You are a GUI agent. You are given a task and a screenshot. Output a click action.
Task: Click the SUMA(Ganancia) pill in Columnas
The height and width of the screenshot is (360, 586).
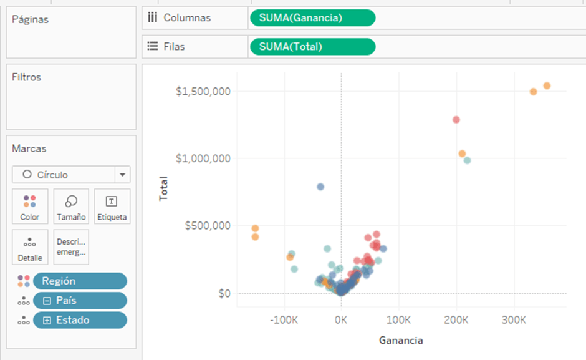point(312,18)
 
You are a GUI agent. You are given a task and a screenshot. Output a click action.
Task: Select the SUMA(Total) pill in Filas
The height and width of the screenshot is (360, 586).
point(312,47)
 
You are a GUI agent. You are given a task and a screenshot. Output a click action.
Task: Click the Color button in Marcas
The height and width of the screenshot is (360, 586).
point(29,207)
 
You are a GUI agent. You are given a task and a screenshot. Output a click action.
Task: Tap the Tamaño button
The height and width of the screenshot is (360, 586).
point(71,207)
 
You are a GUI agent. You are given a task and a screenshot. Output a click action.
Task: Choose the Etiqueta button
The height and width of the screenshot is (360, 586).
point(112,207)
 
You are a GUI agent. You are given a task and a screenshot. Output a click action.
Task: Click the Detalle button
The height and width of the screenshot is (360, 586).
point(29,247)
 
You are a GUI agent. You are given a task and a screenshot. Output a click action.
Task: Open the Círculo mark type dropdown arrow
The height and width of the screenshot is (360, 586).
point(122,175)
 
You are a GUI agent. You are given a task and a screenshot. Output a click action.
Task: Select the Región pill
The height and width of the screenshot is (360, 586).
point(80,281)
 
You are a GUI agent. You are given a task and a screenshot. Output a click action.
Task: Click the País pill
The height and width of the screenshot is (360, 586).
point(80,301)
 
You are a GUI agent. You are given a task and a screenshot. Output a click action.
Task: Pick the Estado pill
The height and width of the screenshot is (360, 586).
point(80,320)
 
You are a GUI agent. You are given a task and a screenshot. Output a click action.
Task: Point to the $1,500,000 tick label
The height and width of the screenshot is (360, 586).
point(203,92)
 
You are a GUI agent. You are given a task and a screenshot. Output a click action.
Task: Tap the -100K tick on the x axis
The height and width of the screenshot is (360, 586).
point(284,320)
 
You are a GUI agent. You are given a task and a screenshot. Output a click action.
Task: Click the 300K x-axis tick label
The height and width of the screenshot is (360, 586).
point(514,320)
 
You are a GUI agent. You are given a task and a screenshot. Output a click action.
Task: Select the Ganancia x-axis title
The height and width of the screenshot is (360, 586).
point(401,341)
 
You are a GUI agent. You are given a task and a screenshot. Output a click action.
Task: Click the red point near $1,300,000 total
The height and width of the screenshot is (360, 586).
point(456,120)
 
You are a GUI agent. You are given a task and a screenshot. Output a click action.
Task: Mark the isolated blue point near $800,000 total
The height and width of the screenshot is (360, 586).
point(320,187)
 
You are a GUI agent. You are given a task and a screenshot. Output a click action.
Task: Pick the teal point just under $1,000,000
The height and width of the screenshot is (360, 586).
point(467,161)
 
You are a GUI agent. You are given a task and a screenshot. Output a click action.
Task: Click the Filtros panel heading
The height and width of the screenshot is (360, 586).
point(27,77)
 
